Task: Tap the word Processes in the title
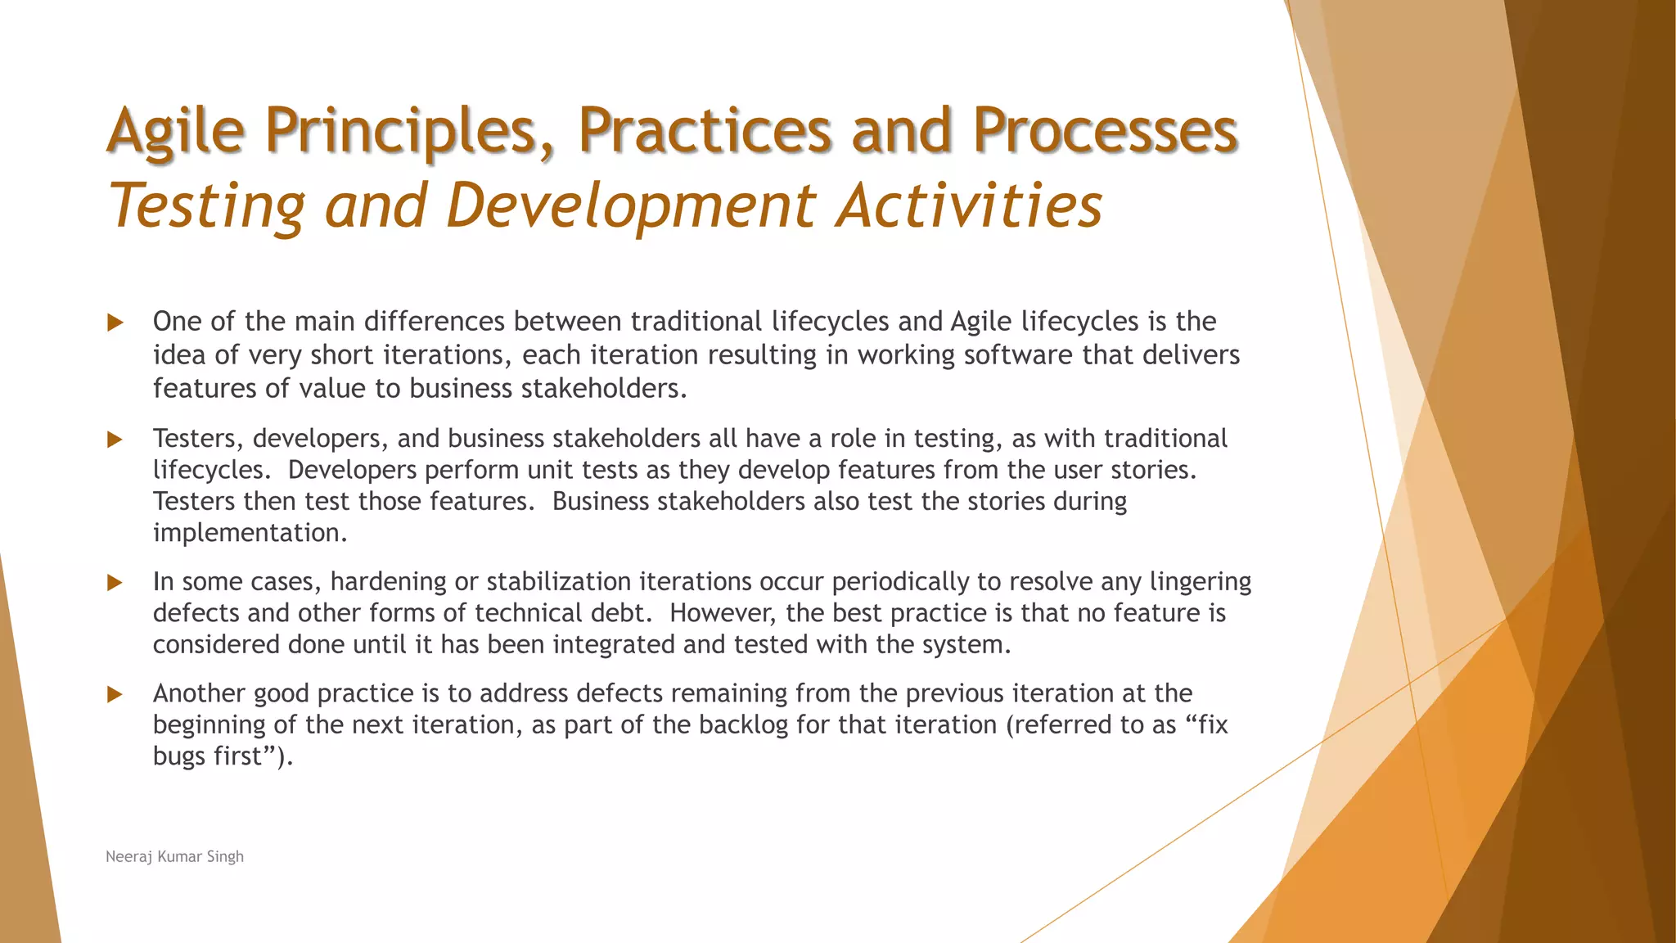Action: (1105, 131)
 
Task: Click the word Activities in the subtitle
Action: (969, 205)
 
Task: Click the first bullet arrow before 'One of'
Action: (115, 323)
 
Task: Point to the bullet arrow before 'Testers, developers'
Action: (115, 440)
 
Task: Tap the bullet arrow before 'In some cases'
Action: (115, 583)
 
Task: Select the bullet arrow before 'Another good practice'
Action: (115, 695)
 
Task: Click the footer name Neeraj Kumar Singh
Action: (174, 856)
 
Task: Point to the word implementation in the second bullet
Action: (250, 533)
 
